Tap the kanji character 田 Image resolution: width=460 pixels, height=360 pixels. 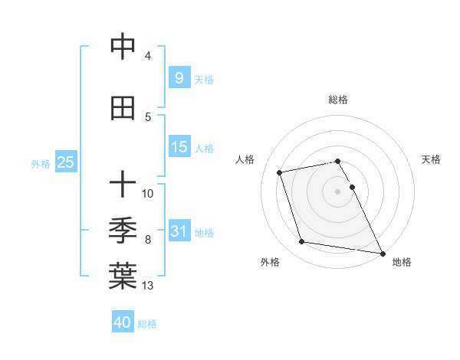click(x=123, y=109)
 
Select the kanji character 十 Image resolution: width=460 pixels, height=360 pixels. click(x=123, y=184)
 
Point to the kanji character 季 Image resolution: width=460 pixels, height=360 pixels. click(x=123, y=230)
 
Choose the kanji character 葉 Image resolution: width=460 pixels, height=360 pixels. click(x=123, y=277)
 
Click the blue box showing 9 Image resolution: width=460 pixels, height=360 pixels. click(x=179, y=77)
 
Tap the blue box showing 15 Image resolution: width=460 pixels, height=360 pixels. click(x=179, y=147)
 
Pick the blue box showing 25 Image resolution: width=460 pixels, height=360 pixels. click(x=65, y=162)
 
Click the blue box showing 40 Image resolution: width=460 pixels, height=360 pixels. click(x=123, y=322)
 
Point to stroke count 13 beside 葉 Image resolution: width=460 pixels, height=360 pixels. click(x=149, y=286)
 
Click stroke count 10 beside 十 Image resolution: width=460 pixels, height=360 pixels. click(x=149, y=193)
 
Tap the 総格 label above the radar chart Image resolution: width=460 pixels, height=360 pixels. click(x=337, y=100)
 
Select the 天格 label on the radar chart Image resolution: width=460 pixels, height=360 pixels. click(x=431, y=159)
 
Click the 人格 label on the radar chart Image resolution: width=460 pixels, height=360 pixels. click(x=245, y=159)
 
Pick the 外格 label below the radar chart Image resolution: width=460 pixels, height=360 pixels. click(x=269, y=262)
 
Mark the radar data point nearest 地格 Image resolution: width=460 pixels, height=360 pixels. click(x=382, y=253)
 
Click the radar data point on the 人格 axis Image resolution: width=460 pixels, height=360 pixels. click(x=280, y=172)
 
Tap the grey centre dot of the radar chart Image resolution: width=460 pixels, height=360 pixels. click(x=337, y=191)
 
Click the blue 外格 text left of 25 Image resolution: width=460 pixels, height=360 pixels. click(x=40, y=163)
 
